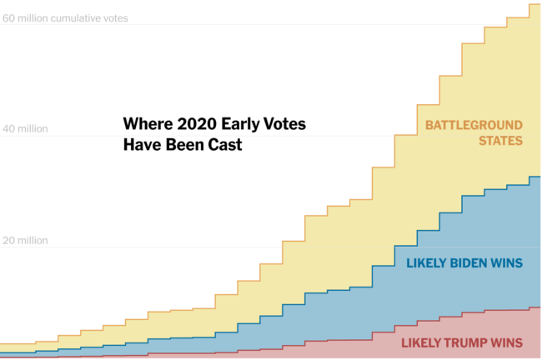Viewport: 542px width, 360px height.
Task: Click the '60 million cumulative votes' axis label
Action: coord(66,18)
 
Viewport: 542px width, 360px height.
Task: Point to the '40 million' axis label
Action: coord(25,129)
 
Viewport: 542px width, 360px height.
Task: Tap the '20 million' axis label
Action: coord(25,241)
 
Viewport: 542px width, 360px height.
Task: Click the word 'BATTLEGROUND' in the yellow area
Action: coord(474,126)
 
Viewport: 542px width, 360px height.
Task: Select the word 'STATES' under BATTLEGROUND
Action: coord(500,142)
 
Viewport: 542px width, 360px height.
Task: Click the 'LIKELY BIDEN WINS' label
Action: coord(464,263)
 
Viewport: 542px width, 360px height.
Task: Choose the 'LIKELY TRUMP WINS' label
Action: coord(462,342)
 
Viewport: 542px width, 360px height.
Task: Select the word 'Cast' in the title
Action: coord(225,144)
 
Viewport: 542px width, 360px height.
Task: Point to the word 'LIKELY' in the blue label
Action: coord(426,263)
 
